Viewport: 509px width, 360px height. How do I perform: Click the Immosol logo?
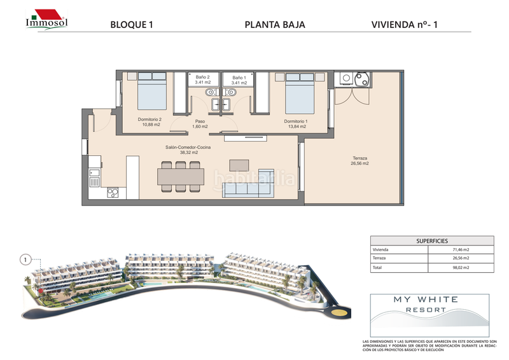(46, 19)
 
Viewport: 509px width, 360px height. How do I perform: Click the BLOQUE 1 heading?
(132, 25)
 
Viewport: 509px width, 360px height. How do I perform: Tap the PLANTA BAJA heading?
(275, 25)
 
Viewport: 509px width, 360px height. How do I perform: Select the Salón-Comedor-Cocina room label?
(188, 150)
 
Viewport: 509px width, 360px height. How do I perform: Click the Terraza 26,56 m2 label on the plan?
(361, 160)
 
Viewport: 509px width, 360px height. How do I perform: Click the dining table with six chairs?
(181, 175)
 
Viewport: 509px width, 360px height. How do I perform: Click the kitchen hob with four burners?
(114, 193)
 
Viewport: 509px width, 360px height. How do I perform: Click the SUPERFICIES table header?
(432, 241)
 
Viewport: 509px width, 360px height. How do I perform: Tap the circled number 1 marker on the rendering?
(25, 260)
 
